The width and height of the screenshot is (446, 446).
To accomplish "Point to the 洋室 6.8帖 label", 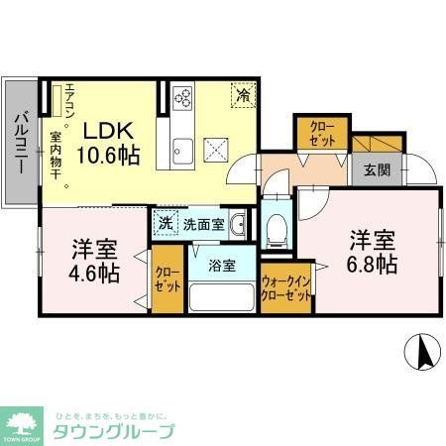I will click(372, 252).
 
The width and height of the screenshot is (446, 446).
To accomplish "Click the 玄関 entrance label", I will click(377, 169).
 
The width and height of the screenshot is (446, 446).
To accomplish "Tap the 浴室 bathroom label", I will click(221, 265).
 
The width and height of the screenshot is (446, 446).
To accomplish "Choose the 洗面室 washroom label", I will click(202, 224).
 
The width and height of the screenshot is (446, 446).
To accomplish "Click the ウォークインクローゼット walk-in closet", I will click(287, 288).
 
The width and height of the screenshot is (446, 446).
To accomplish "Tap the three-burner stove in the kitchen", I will click(182, 97).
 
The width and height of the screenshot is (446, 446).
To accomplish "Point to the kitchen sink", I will click(181, 150).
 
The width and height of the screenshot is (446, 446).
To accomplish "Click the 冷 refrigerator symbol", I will click(243, 95).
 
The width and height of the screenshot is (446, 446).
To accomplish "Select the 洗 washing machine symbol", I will click(165, 224).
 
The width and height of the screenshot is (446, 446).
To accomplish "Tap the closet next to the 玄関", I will click(320, 133).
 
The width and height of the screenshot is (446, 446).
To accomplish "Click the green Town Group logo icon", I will click(21, 423).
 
